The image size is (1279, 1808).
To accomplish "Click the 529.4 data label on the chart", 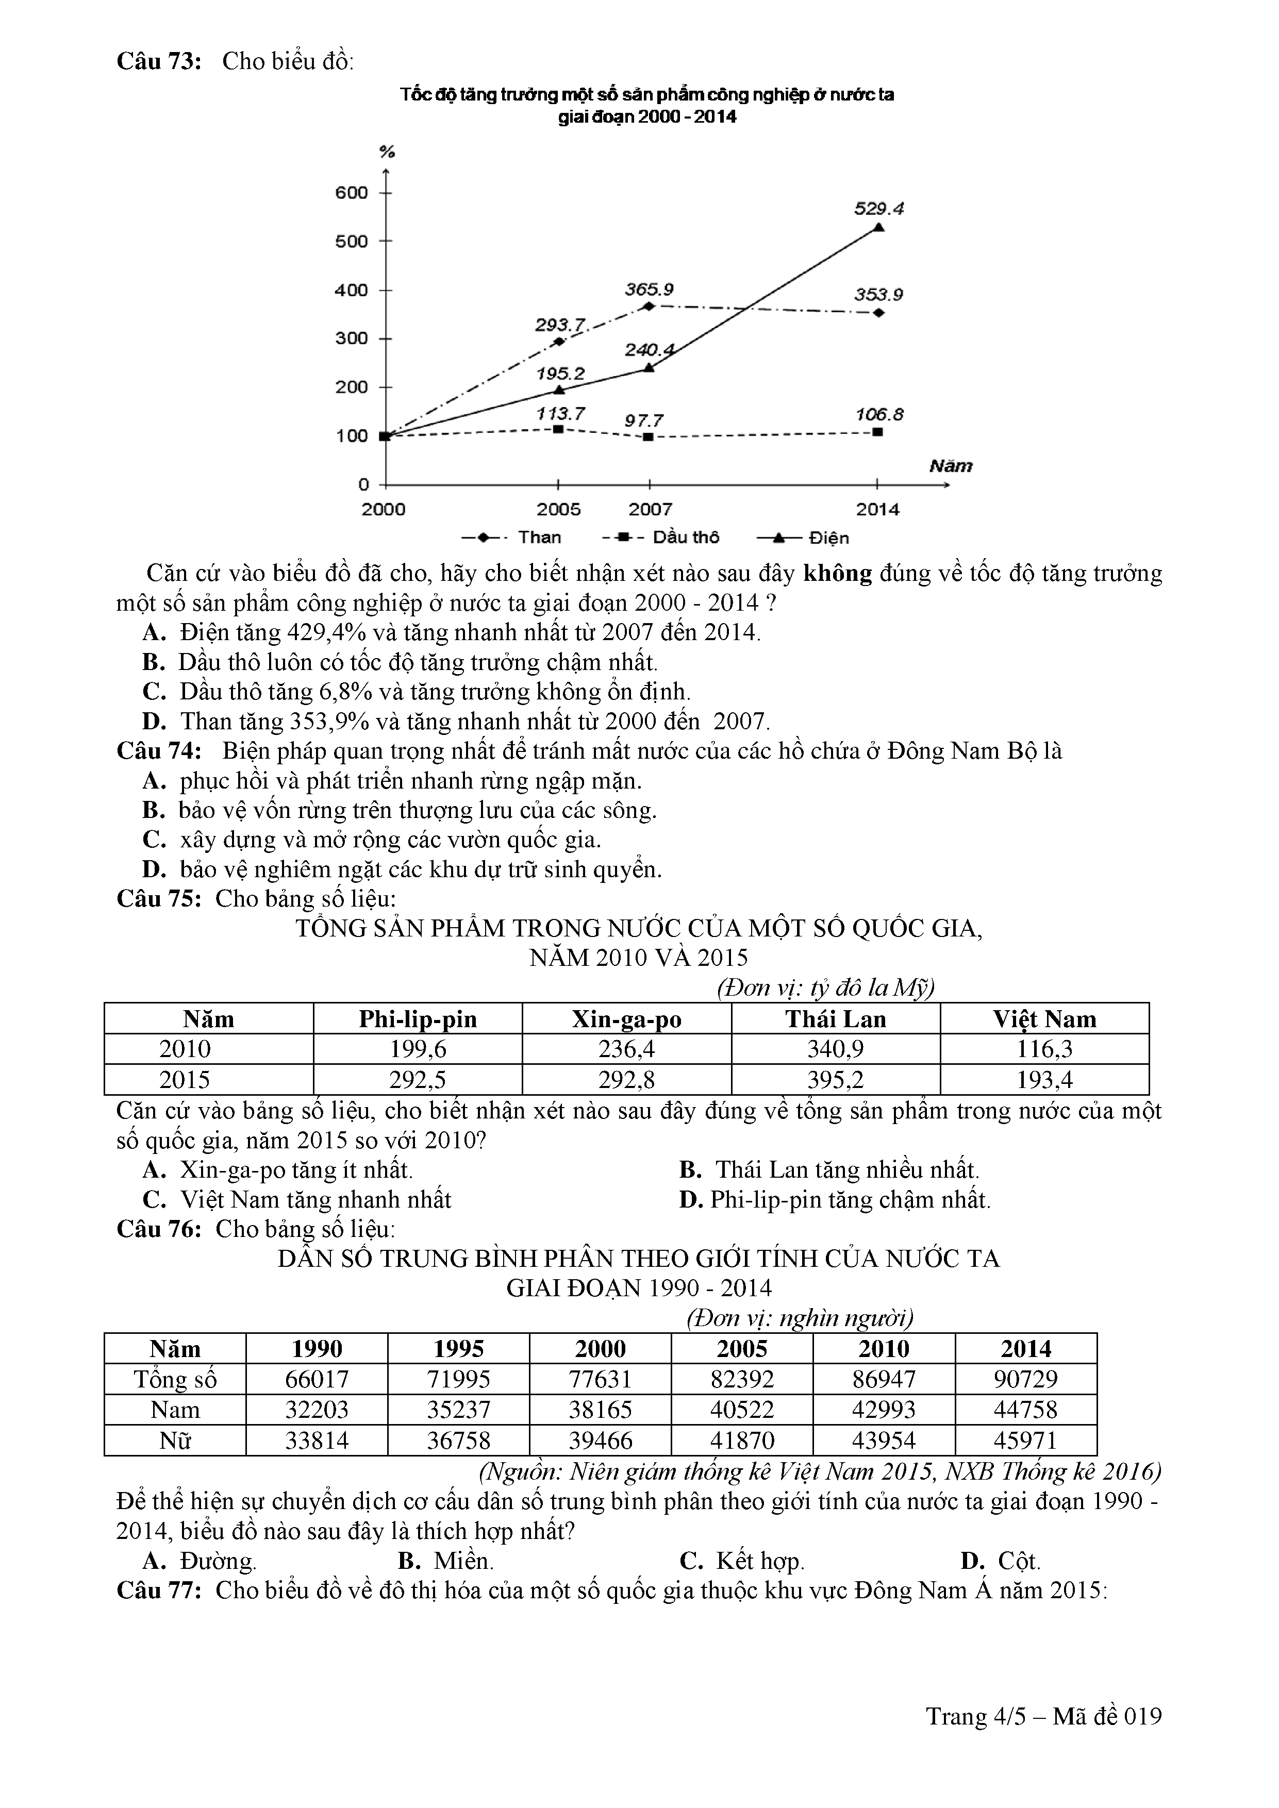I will [879, 209].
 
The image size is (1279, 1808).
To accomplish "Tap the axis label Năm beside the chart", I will [951, 466].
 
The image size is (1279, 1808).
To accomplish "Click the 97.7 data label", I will [643, 421].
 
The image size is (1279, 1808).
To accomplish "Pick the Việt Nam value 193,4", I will [1044, 1080].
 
